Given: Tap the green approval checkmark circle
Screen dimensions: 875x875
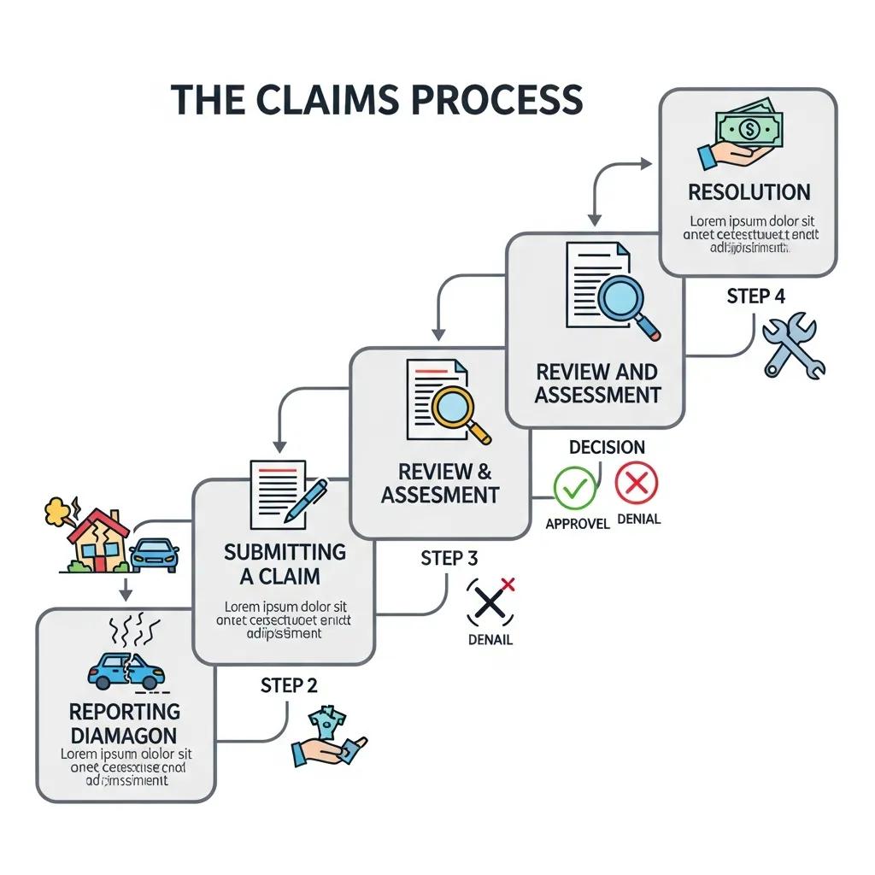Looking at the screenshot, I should (x=574, y=487).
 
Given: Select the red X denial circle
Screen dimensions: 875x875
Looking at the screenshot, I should (x=637, y=484).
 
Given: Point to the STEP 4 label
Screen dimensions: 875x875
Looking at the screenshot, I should (x=755, y=297).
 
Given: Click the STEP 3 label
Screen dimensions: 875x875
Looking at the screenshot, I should (x=449, y=558).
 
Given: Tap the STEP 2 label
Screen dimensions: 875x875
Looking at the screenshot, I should (x=288, y=685).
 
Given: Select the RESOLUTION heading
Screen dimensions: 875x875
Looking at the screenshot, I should (x=749, y=191).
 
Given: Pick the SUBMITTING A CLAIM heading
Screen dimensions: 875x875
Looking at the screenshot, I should (x=284, y=564).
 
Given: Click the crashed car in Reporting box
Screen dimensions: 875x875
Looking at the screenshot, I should (x=126, y=672).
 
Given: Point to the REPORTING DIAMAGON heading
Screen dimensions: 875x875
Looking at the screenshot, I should (x=125, y=723).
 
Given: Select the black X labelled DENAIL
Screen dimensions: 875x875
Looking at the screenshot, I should (x=489, y=602).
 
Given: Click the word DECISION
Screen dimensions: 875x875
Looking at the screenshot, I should (x=607, y=447).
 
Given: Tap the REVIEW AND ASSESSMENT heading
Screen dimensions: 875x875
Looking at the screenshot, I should (x=597, y=383).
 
